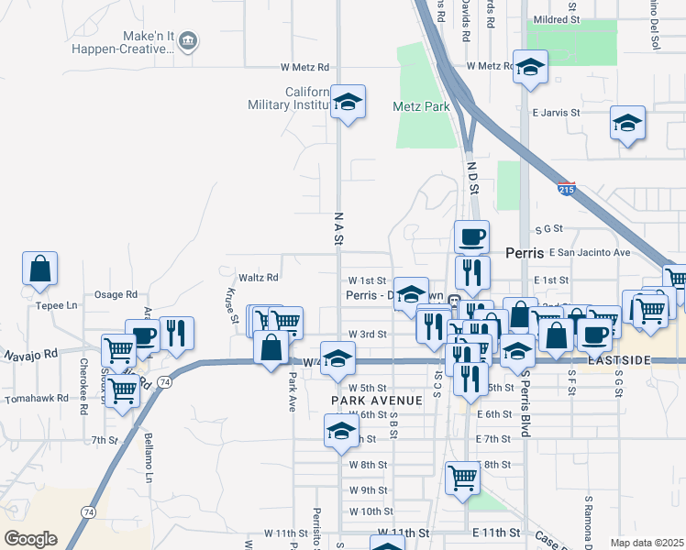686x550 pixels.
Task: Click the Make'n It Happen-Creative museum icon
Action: [188, 40]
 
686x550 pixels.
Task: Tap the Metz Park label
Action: [421, 106]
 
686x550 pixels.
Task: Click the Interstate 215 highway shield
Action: [567, 189]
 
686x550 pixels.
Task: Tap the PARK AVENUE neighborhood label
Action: [376, 401]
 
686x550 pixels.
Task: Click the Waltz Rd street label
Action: [258, 277]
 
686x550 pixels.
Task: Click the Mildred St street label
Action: [558, 17]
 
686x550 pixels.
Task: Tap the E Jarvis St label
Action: [556, 112]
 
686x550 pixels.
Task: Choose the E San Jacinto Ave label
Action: [590, 252]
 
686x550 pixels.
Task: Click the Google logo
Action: [30, 539]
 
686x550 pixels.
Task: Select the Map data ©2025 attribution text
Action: [647, 543]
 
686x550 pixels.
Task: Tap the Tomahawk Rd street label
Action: [36, 399]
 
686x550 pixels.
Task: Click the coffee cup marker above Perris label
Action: [472, 237]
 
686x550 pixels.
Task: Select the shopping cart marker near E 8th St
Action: [463, 477]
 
